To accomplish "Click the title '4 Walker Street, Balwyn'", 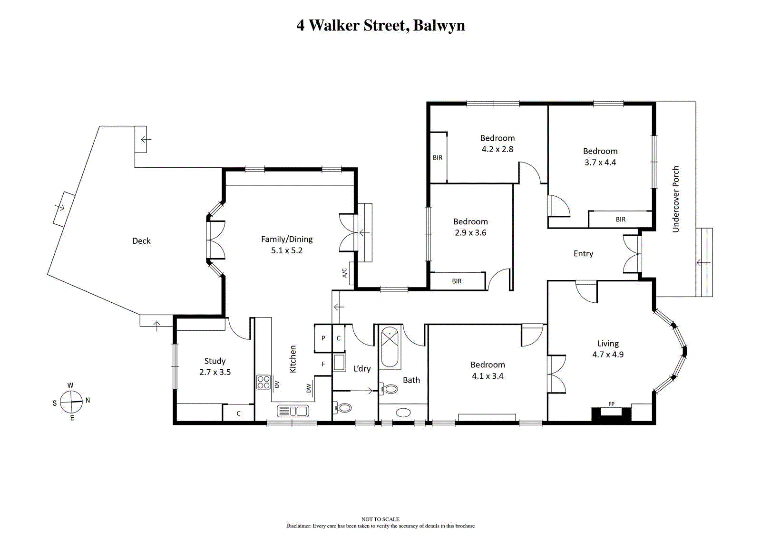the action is [x=380, y=26].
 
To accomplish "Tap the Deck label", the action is [x=141, y=241].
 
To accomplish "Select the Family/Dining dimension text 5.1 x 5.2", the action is [x=287, y=250].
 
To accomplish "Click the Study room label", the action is [x=215, y=361].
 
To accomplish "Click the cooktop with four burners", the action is [x=263, y=382].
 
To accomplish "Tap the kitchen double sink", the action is [x=293, y=411].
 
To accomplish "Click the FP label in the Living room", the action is [x=611, y=404].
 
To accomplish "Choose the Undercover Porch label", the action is [x=676, y=199].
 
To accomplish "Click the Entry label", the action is [x=583, y=254].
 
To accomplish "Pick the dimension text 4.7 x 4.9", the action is [x=608, y=355].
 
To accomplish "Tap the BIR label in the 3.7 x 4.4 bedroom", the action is [x=621, y=220].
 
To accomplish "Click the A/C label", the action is [x=344, y=273].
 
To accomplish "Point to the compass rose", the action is [x=71, y=402].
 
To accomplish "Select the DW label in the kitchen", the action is [x=309, y=388].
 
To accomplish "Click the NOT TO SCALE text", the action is [x=380, y=519].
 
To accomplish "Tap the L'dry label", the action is [x=362, y=369].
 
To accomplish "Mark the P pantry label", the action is [x=323, y=338].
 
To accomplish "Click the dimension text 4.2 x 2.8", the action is [x=498, y=149].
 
